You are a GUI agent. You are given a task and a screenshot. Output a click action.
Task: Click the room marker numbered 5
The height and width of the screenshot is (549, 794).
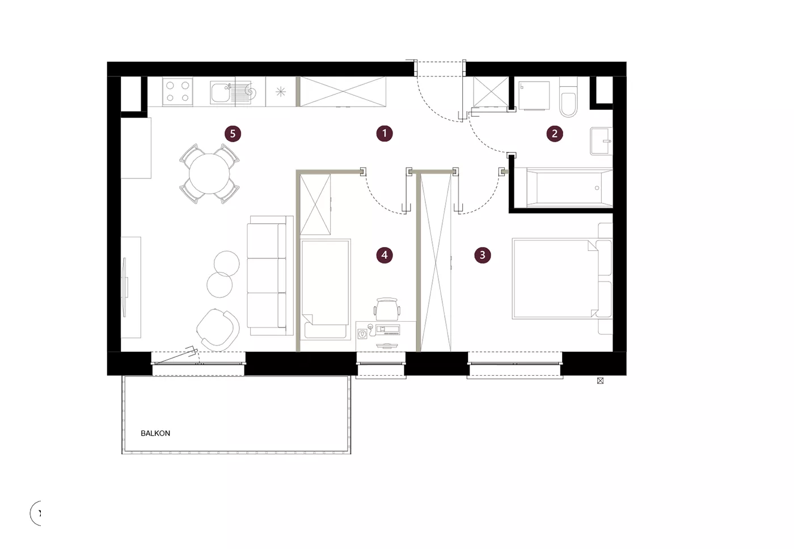point(233,134)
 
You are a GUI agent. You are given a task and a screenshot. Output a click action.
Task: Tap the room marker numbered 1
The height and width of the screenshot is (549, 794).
point(385,134)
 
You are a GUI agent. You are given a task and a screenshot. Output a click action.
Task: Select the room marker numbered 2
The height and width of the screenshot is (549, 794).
point(555,134)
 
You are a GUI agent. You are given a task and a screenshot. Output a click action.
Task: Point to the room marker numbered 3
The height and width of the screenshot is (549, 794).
point(482,254)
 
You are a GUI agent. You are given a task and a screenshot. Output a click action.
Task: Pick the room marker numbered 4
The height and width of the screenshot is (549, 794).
point(385,254)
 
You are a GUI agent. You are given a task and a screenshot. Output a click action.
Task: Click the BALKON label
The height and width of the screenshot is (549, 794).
point(155,433)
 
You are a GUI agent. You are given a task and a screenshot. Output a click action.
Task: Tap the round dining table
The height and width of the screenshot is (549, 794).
point(209,173)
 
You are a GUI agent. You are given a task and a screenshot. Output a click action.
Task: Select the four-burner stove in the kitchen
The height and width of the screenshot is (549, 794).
point(178,91)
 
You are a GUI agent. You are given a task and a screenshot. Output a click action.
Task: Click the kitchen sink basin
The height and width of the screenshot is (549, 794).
point(221,92)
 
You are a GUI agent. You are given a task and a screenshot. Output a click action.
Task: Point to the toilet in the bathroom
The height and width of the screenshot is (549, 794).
point(568,97)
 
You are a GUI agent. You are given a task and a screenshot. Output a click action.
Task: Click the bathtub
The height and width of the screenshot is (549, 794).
point(569,188)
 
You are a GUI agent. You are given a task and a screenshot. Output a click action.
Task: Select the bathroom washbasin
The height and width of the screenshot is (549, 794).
point(601,141)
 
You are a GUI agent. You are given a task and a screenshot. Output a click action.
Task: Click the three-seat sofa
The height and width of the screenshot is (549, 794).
point(270,275)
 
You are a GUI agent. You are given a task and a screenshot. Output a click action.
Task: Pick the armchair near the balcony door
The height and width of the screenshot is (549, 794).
point(217,329)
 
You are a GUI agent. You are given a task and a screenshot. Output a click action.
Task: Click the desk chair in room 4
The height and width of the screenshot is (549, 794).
point(387,309)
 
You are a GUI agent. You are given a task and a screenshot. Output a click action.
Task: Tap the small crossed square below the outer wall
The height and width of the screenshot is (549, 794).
point(600,381)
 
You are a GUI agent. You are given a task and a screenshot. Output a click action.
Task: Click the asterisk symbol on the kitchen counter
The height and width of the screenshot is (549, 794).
point(280,92)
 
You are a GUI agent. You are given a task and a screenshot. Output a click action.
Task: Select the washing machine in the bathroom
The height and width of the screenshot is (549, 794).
point(534,96)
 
